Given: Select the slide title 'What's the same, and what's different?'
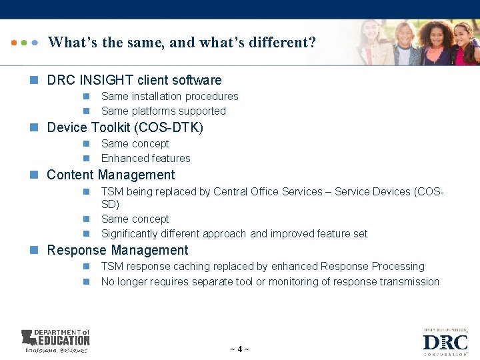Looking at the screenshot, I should click(x=182, y=43).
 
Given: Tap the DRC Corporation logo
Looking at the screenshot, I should click(x=445, y=342).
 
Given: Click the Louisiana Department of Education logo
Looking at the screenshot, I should click(x=55, y=341).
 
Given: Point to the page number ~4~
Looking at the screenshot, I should click(x=239, y=349).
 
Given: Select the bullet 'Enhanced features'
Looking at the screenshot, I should click(x=145, y=158).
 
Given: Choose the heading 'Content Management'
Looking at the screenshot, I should click(x=111, y=175).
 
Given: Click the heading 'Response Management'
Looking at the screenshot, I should click(x=117, y=251).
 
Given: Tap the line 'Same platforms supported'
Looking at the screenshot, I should click(x=163, y=111).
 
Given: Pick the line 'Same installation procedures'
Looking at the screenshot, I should click(x=169, y=96).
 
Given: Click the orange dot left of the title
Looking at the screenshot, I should click(x=14, y=42).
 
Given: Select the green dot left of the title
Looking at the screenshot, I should click(x=24, y=42).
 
